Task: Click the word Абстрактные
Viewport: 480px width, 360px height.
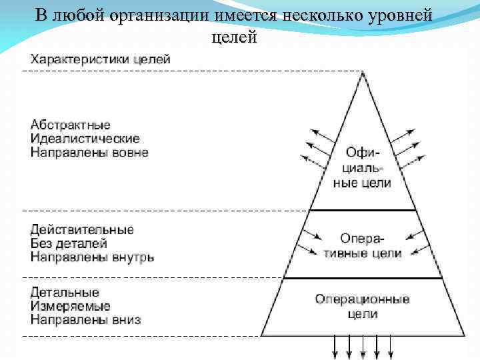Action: coord(70,125)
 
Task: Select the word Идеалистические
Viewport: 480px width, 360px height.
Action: coord(85,139)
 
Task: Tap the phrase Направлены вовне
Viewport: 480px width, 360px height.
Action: coord(89,153)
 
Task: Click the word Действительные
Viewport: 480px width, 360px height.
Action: coord(81,229)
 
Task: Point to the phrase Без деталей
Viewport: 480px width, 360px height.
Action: coord(68,243)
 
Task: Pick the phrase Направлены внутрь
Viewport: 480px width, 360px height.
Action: coord(92,257)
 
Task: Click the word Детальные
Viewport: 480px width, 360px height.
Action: coord(65,292)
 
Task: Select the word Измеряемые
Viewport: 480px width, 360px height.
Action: coord(70,306)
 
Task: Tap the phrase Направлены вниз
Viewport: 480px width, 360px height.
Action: coord(85,319)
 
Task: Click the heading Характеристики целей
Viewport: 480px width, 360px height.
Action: coord(99,59)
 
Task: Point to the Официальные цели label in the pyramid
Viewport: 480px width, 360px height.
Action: coord(362,167)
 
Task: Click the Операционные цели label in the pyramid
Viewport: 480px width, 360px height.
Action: coord(362,306)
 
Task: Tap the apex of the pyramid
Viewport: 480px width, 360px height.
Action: coord(363,73)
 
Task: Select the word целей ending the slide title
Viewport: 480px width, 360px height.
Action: coord(234,37)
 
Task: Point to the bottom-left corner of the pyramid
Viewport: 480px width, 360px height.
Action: coord(262,335)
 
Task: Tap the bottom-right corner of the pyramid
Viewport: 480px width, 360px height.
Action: coord(464,335)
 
